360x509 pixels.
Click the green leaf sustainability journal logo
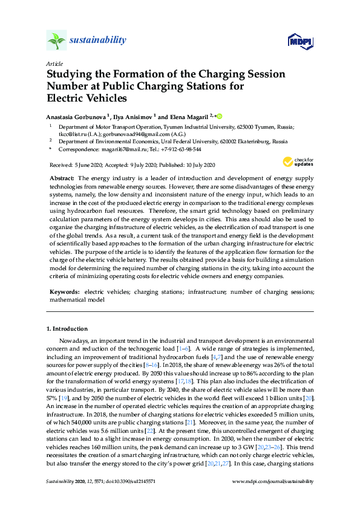coord(57,41)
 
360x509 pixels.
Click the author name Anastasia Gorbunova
coord(76,115)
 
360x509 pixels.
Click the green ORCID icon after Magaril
coord(220,115)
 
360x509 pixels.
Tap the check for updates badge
coord(298,161)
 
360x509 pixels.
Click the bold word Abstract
coord(61,179)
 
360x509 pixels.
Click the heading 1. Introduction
coord(67,329)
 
